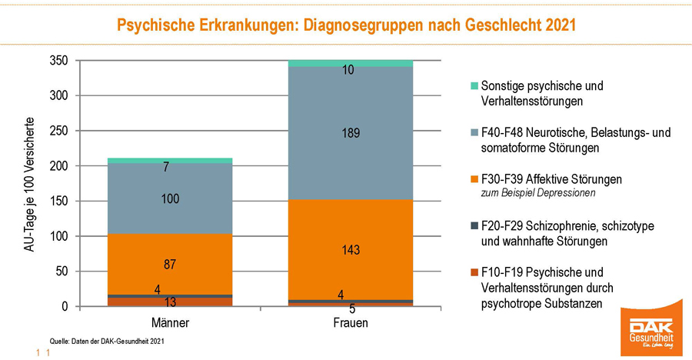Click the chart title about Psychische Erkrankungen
pyautogui.click(x=346, y=25)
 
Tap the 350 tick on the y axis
pyautogui.click(x=59, y=61)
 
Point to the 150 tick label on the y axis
pyautogui.click(x=59, y=202)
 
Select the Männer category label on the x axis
pyautogui.click(x=171, y=323)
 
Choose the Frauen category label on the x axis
pyautogui.click(x=350, y=323)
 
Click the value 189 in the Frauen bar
pyautogui.click(x=350, y=134)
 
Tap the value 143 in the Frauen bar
pyautogui.click(x=350, y=250)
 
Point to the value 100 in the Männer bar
pyautogui.click(x=171, y=199)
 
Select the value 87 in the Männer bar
pyautogui.click(x=171, y=265)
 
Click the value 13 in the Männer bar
pyautogui.click(x=171, y=302)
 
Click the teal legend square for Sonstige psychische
pyautogui.click(x=474, y=85)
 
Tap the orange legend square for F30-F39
pyautogui.click(x=474, y=179)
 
